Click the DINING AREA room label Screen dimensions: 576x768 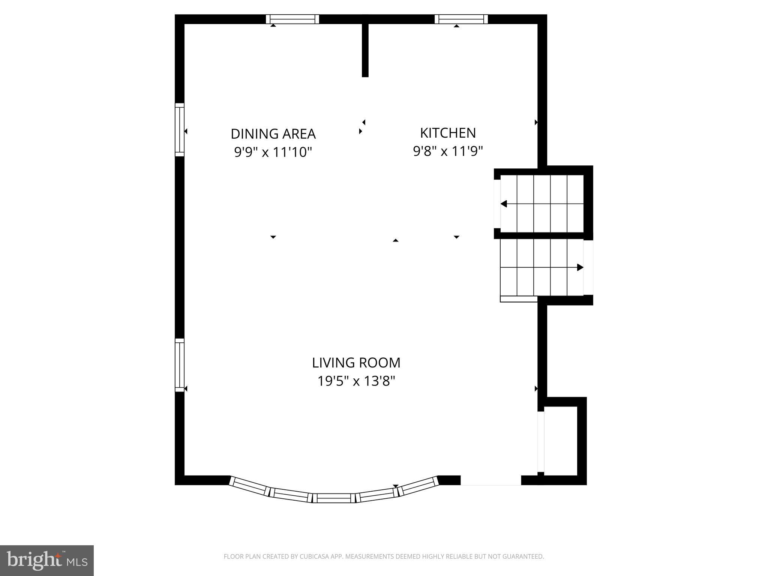tap(273, 134)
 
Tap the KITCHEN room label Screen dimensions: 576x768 tap(448, 133)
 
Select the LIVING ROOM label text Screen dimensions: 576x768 tap(356, 363)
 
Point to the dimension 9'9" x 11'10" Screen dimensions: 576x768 tap(273, 152)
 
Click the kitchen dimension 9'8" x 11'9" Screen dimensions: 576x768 tap(448, 151)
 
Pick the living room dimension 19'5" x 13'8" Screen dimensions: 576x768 tap(356, 381)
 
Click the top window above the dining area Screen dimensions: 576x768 tap(292, 19)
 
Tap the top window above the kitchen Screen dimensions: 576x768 tap(461, 19)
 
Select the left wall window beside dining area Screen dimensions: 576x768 tap(180, 130)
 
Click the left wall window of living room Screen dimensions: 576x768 tap(180, 365)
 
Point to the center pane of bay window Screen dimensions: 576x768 tap(334, 498)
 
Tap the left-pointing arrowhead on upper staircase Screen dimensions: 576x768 tap(504, 204)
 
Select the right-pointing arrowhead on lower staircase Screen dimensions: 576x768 tap(580, 267)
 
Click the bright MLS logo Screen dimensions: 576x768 tap(47, 561)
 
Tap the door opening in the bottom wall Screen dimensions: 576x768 tap(490, 481)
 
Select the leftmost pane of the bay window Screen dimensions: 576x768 tap(250, 487)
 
